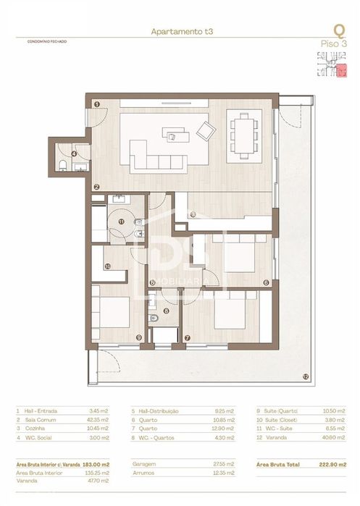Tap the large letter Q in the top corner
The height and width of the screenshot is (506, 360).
(x=338, y=30)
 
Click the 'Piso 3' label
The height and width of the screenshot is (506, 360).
(x=334, y=44)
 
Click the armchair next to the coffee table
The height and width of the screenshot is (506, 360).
(x=206, y=131)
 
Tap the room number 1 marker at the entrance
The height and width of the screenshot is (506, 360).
(x=96, y=104)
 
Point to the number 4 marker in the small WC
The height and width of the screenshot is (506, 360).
(x=74, y=153)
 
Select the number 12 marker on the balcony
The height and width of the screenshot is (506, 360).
(x=306, y=376)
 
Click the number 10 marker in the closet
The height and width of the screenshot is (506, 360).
(x=107, y=266)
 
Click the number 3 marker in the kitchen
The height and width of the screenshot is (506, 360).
(x=193, y=214)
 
